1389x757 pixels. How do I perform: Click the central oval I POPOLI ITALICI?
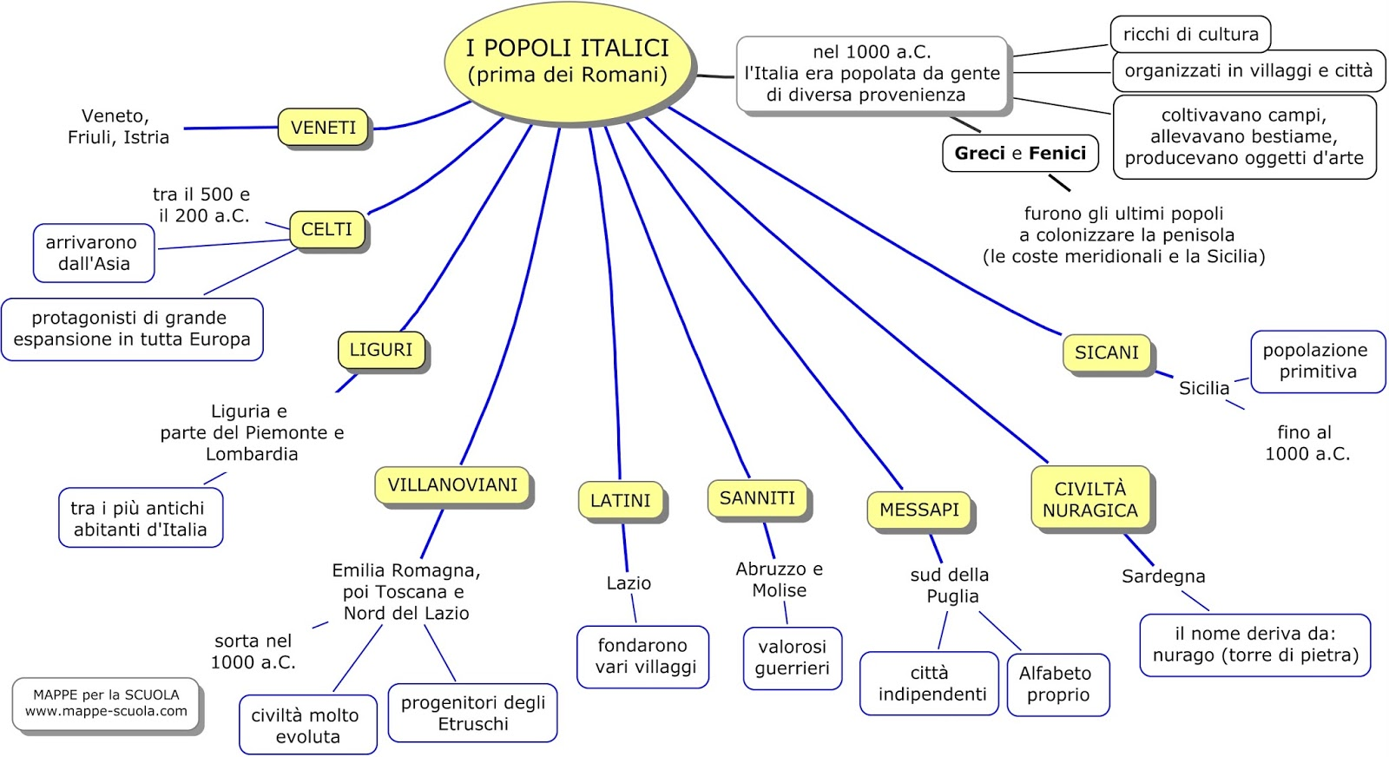click(x=569, y=62)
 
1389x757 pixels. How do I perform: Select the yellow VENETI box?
click(x=323, y=128)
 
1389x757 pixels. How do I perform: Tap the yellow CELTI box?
click(x=326, y=229)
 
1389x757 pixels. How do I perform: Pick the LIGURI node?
click(x=381, y=350)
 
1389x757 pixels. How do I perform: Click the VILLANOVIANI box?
click(x=452, y=485)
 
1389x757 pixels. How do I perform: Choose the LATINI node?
click(x=620, y=501)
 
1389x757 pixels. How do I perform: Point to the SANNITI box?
click(x=757, y=498)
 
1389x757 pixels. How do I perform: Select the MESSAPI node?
click(x=919, y=510)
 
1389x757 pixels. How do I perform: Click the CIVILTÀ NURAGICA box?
click(x=1090, y=500)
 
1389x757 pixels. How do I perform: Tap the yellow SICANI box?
click(x=1106, y=352)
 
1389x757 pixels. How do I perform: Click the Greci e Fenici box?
click(x=1020, y=154)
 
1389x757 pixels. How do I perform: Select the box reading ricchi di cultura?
click(x=1190, y=35)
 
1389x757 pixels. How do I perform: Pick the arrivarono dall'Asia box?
click(x=94, y=253)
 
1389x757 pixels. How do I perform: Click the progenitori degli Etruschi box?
click(x=472, y=713)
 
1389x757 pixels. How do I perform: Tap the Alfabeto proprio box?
click(x=1057, y=684)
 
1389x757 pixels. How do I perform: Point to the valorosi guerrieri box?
click(x=792, y=658)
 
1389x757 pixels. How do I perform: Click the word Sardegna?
click(x=1163, y=576)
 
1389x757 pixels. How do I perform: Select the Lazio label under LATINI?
click(x=629, y=583)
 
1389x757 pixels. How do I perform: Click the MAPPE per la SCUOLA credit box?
click(x=106, y=703)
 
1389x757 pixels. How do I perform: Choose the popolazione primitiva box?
click(x=1317, y=361)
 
